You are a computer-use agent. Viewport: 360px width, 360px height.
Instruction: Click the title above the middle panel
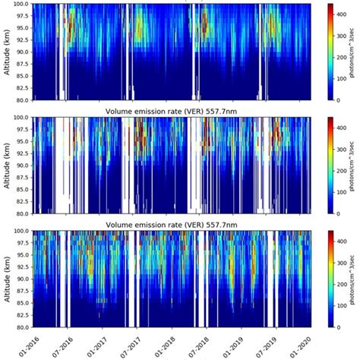pyautogui.click(x=173, y=110)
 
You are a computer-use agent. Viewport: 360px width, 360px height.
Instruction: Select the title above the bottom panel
pyautogui.click(x=173, y=224)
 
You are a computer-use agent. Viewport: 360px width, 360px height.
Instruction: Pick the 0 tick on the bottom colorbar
pyautogui.click(x=339, y=327)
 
